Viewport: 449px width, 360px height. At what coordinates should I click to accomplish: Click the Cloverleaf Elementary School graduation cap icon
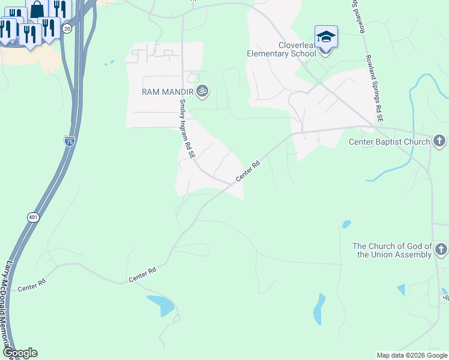[326, 37]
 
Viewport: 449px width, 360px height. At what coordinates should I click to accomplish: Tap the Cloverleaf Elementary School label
[281, 49]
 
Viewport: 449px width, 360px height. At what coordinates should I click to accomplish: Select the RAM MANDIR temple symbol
[203, 91]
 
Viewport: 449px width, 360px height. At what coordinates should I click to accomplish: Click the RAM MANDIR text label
[167, 92]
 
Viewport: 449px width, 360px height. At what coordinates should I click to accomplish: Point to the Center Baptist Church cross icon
[439, 142]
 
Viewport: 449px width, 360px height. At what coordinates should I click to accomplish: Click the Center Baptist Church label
[390, 142]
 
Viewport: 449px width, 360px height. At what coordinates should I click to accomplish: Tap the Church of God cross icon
[441, 249]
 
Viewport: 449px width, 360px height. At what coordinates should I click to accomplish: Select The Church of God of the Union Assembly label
[392, 250]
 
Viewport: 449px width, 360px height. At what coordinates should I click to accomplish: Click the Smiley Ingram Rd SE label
[186, 128]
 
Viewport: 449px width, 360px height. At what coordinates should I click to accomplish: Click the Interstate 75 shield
[69, 140]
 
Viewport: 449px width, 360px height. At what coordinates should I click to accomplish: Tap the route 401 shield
[32, 217]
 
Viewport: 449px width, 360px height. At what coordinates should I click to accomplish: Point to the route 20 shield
[67, 28]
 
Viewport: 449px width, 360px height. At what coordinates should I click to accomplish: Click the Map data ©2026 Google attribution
[412, 355]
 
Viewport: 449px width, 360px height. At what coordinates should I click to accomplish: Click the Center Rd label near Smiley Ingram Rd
[247, 171]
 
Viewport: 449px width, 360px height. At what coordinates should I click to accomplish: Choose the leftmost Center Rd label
[32, 286]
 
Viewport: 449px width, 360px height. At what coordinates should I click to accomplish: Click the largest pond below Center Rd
[161, 305]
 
